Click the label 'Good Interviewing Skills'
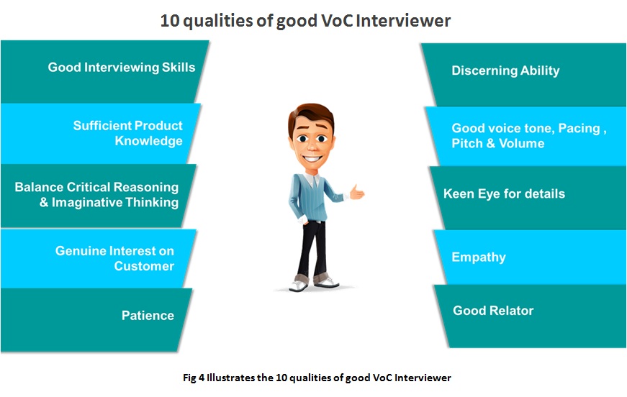pos(122,68)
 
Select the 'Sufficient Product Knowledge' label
pos(128,133)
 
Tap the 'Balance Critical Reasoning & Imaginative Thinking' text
pos(96,194)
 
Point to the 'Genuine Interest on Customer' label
pos(114,258)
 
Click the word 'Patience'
pos(148,316)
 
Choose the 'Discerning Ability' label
pos(505,70)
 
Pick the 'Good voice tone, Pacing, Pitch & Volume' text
pos(529,136)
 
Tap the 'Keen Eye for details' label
pos(504,193)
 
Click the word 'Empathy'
pos(479,257)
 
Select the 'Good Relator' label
pos(493,311)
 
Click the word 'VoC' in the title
pos(335,21)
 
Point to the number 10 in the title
pos(170,21)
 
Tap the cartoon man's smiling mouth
pos(312,158)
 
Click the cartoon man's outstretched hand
pos(356,192)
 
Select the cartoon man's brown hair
pos(310,114)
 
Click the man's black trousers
pos(312,248)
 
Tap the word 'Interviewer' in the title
pos(403,21)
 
